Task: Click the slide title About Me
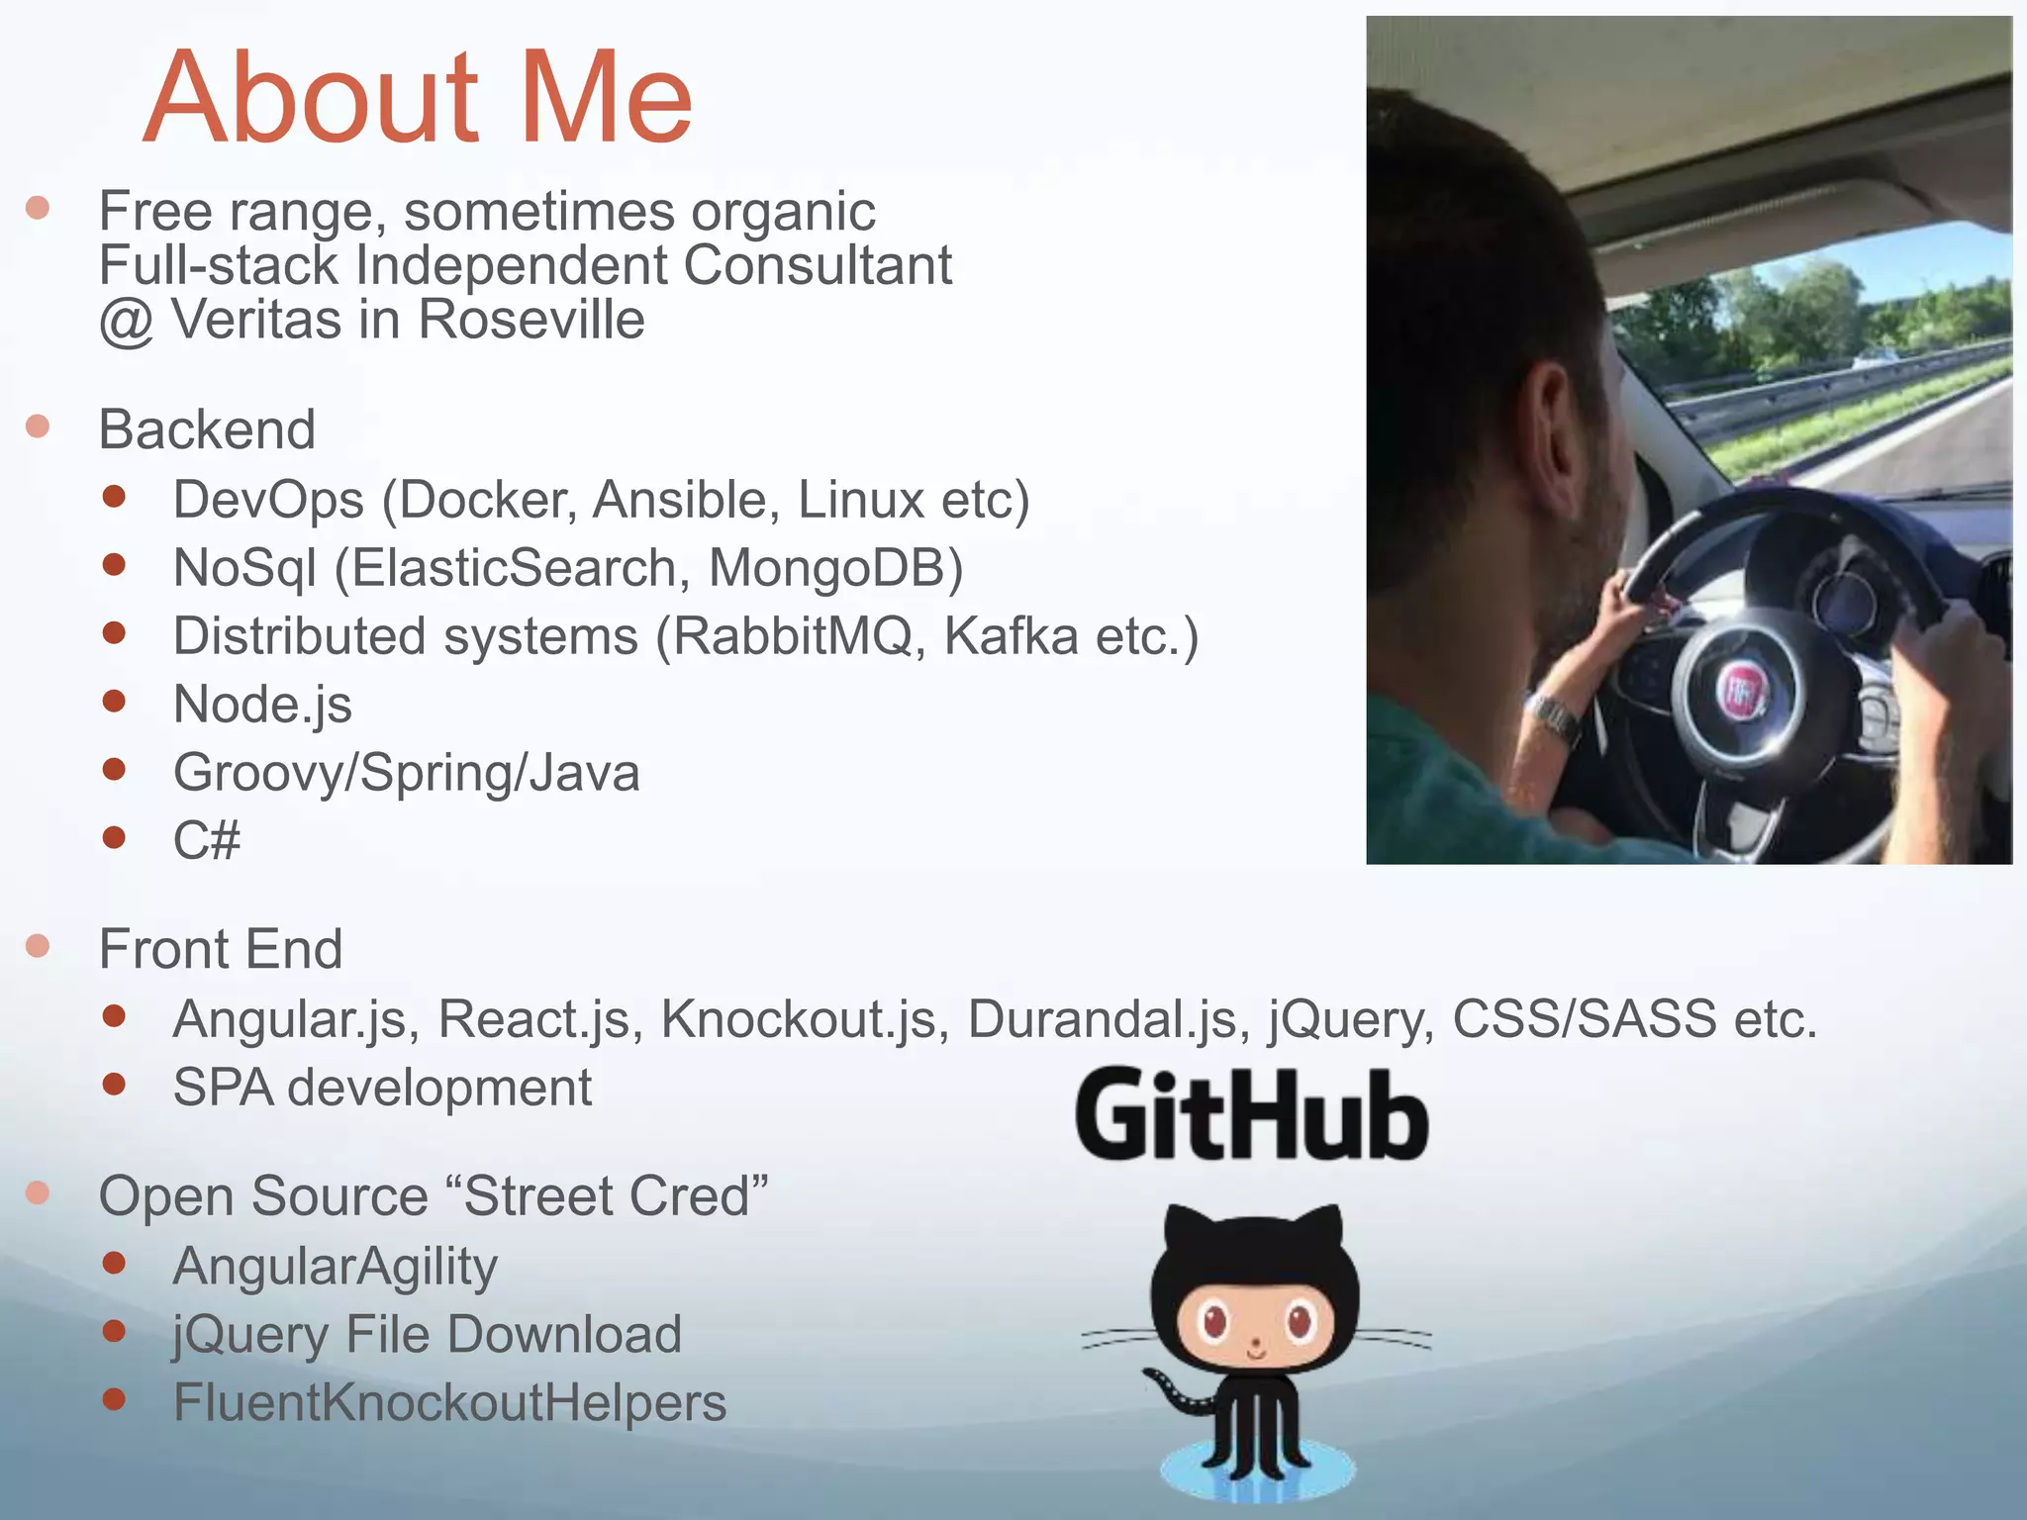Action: pyautogui.click(x=418, y=97)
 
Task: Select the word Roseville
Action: pyautogui.click(x=531, y=320)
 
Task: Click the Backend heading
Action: pyautogui.click(x=207, y=429)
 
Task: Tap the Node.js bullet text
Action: pyautogui.click(x=262, y=705)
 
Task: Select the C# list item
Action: pyautogui.click(x=207, y=841)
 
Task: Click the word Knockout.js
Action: pyautogui.click(x=798, y=1019)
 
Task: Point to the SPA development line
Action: pyautogui.click(x=382, y=1088)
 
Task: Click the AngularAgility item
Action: pyautogui.click(x=335, y=1267)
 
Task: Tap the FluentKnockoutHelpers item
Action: pyautogui.click(x=449, y=1403)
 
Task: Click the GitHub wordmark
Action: pyautogui.click(x=1252, y=1115)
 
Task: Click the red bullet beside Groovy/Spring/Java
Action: pyautogui.click(x=115, y=770)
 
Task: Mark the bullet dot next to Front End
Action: pyautogui.click(x=39, y=946)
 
